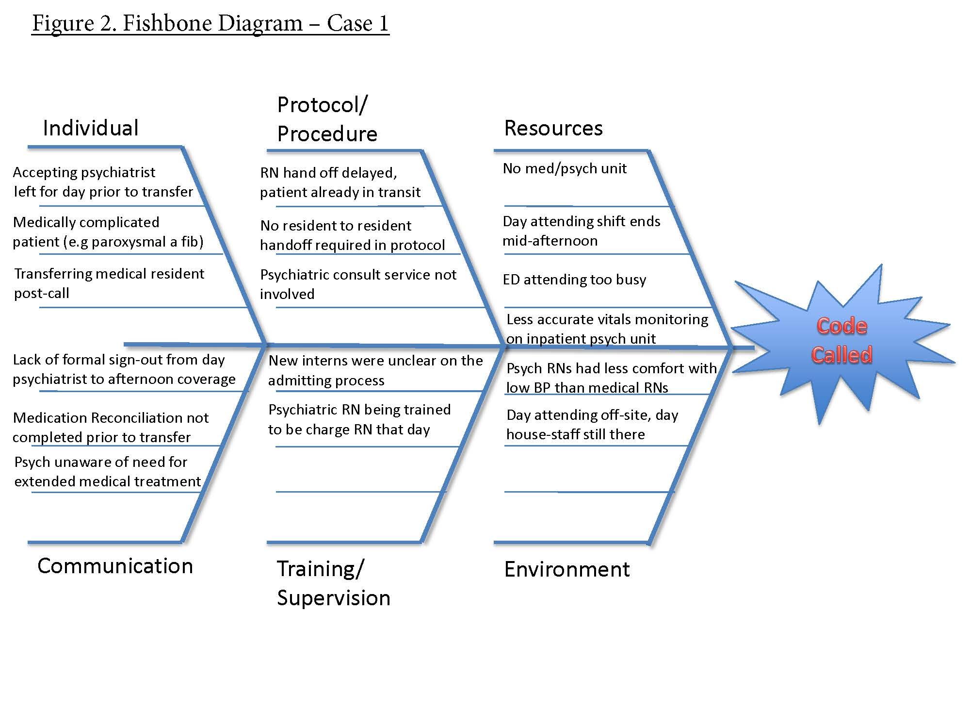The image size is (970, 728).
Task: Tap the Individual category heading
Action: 91,128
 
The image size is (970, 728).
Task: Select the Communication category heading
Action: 115,566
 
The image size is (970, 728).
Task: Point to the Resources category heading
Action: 553,128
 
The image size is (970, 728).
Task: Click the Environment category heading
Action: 566,569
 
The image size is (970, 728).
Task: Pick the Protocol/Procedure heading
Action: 327,119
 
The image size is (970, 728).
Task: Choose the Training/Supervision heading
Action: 333,583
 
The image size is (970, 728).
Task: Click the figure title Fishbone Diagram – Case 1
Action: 210,23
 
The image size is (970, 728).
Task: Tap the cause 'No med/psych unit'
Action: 565,168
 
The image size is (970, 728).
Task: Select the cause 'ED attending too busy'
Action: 574,280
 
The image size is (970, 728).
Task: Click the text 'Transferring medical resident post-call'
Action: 109,283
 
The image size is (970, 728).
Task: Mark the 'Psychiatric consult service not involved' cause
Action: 358,284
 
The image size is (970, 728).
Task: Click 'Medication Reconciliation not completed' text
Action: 111,427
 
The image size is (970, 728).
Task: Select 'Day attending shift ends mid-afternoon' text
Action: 581,231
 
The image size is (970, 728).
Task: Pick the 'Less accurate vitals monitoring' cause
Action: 607,329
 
